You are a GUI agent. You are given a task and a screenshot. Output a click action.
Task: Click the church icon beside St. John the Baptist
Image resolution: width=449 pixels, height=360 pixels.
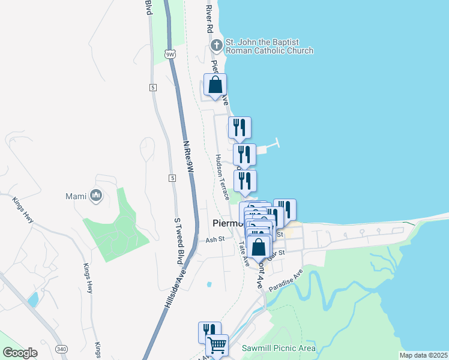[x=216, y=45]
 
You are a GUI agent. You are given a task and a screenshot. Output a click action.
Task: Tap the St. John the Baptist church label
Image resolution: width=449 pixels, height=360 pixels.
[x=269, y=47]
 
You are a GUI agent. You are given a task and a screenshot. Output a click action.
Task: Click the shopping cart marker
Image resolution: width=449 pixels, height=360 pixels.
[x=217, y=345]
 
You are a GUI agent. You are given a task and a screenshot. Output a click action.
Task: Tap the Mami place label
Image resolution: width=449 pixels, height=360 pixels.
[x=77, y=196]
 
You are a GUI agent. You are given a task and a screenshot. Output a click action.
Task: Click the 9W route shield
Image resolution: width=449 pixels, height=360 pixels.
[x=170, y=54]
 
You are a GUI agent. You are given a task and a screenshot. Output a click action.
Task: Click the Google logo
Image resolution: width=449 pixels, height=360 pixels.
[x=20, y=353]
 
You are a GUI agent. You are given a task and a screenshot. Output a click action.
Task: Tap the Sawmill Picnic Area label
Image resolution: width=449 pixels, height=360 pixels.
[x=278, y=348]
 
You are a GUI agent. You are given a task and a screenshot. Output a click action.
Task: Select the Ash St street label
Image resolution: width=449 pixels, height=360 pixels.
[x=214, y=239]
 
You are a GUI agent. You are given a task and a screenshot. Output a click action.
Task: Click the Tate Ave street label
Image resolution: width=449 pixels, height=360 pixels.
[x=244, y=254]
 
